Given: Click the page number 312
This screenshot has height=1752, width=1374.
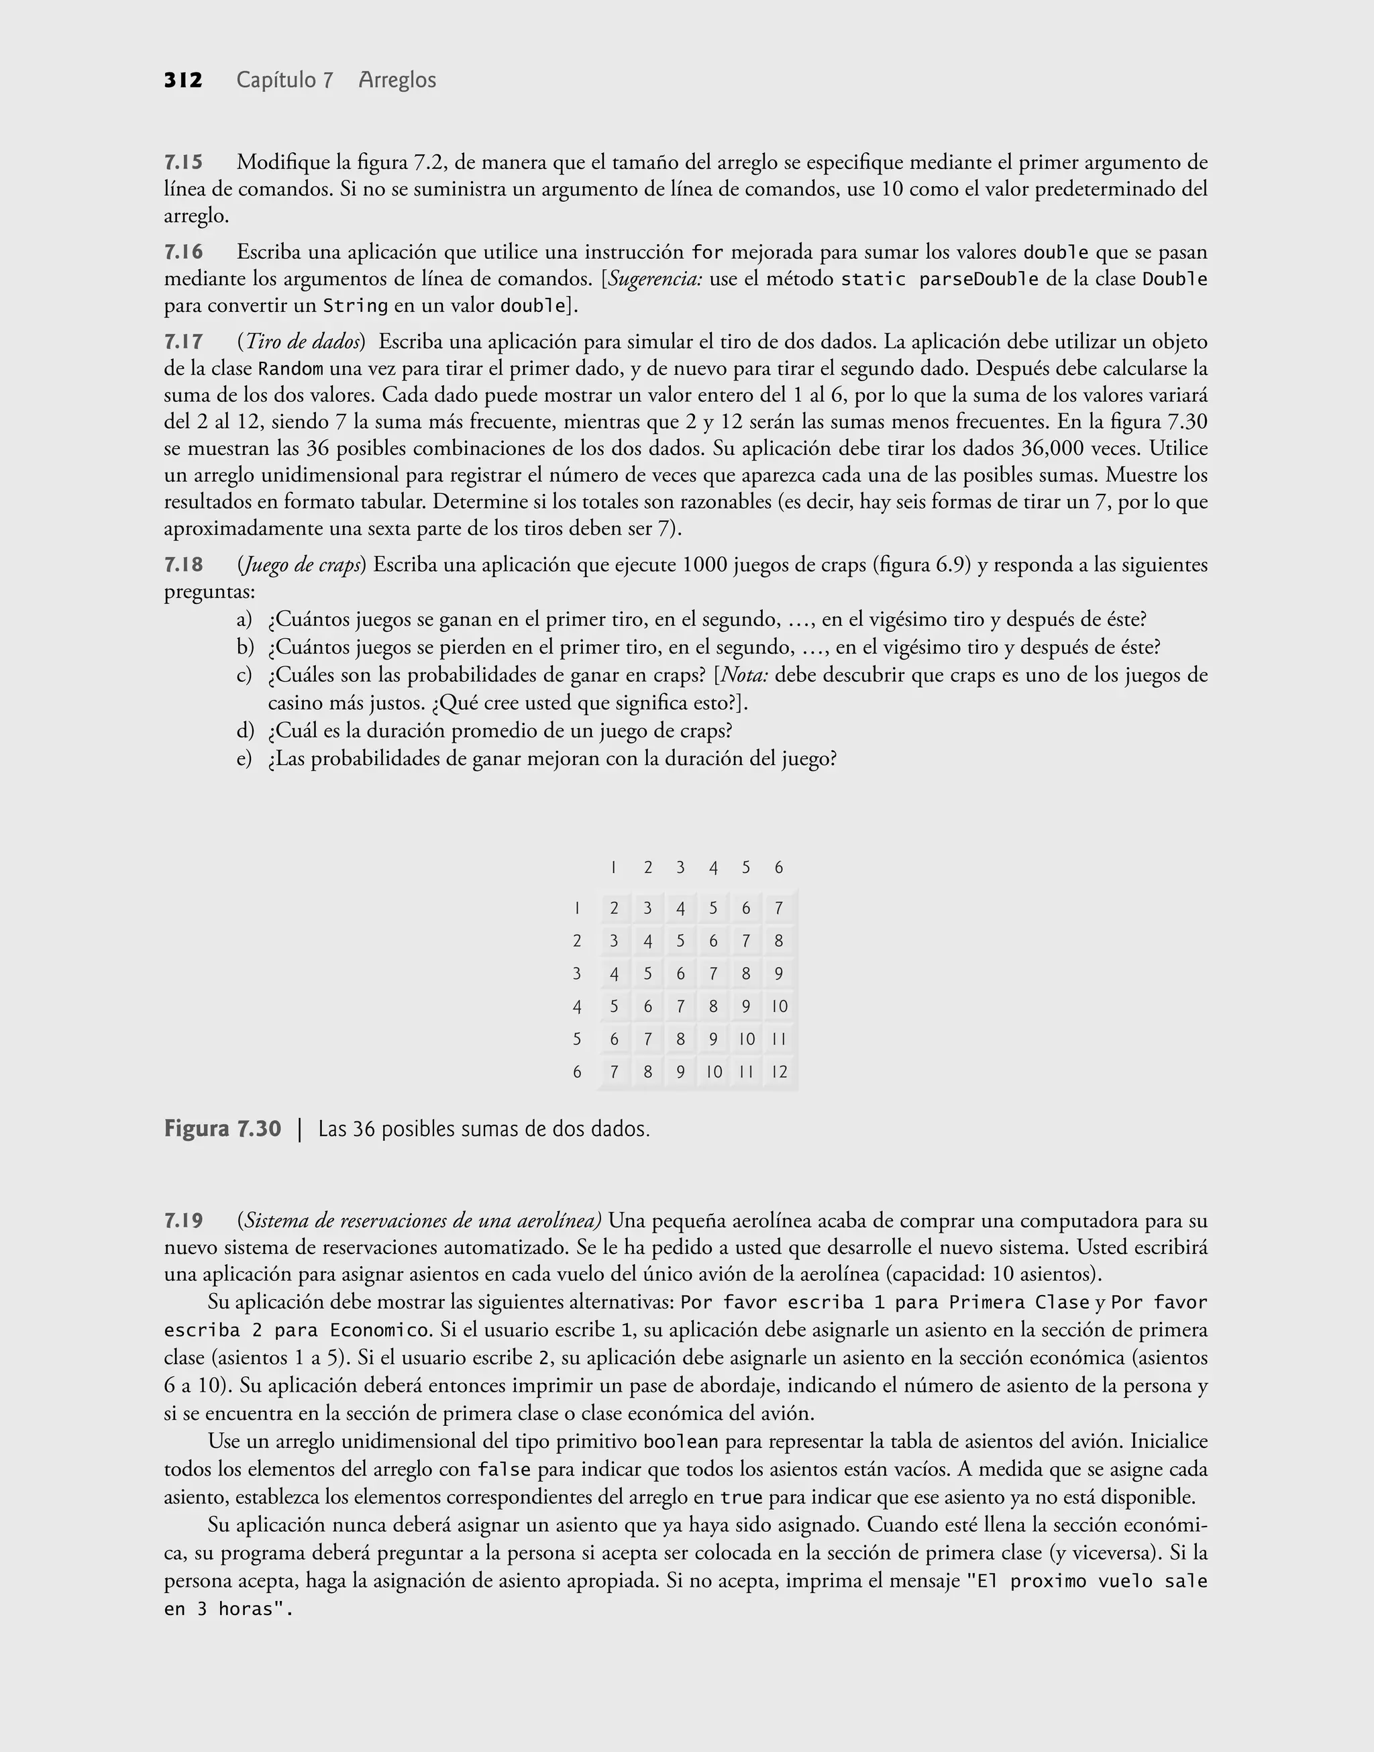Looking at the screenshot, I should point(183,81).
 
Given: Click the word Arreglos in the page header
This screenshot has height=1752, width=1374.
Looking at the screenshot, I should point(397,81).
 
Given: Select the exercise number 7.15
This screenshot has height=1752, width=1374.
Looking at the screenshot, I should point(183,162).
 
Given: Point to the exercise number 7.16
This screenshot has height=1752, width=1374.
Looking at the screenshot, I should point(183,252).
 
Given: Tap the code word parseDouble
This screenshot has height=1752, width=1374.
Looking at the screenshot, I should point(979,280).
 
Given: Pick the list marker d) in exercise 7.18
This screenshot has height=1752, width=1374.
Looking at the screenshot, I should point(245,731).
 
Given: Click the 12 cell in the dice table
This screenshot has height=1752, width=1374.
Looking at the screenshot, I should point(779,1072).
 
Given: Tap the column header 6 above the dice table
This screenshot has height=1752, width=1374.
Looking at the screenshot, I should point(779,867).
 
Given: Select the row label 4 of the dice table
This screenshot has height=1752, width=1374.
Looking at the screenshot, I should point(577,1007).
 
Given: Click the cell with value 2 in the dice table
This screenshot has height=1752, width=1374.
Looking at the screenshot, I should point(615,908).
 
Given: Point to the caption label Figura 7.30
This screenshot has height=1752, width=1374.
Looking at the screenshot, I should point(223,1129).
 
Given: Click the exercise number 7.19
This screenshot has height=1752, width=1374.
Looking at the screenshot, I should point(183,1221).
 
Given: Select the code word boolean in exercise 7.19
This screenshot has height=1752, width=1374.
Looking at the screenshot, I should point(680,1441).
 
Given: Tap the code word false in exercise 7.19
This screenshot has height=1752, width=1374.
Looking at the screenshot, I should point(504,1470).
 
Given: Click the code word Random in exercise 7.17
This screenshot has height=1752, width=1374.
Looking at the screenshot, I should point(290,369).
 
